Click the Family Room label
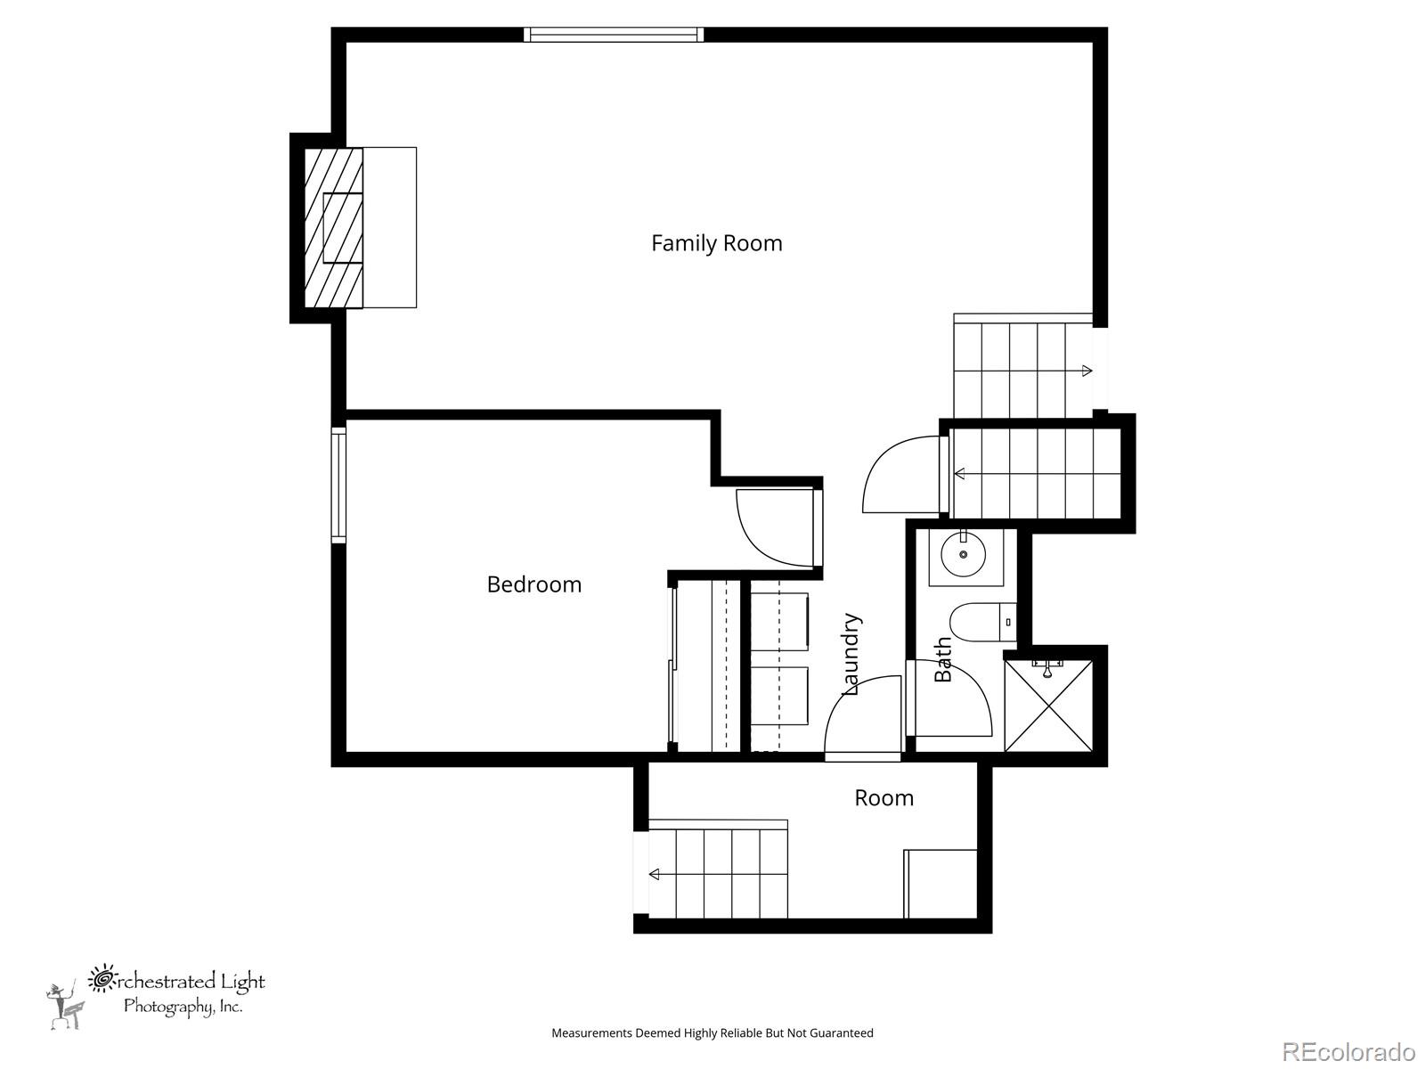[717, 243]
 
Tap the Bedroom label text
[534, 584]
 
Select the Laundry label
[851, 654]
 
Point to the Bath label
[942, 659]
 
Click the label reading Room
[883, 797]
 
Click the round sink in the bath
[964, 554]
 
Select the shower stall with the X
[1048, 706]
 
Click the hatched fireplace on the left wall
[334, 227]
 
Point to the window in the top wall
[614, 35]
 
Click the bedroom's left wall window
[338, 485]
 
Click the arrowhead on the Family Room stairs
[1087, 371]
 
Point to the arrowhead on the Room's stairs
[655, 874]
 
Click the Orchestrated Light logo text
[176, 991]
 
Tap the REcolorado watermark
[1349, 1050]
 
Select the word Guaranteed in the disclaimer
[842, 1032]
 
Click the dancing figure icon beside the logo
[66, 1006]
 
